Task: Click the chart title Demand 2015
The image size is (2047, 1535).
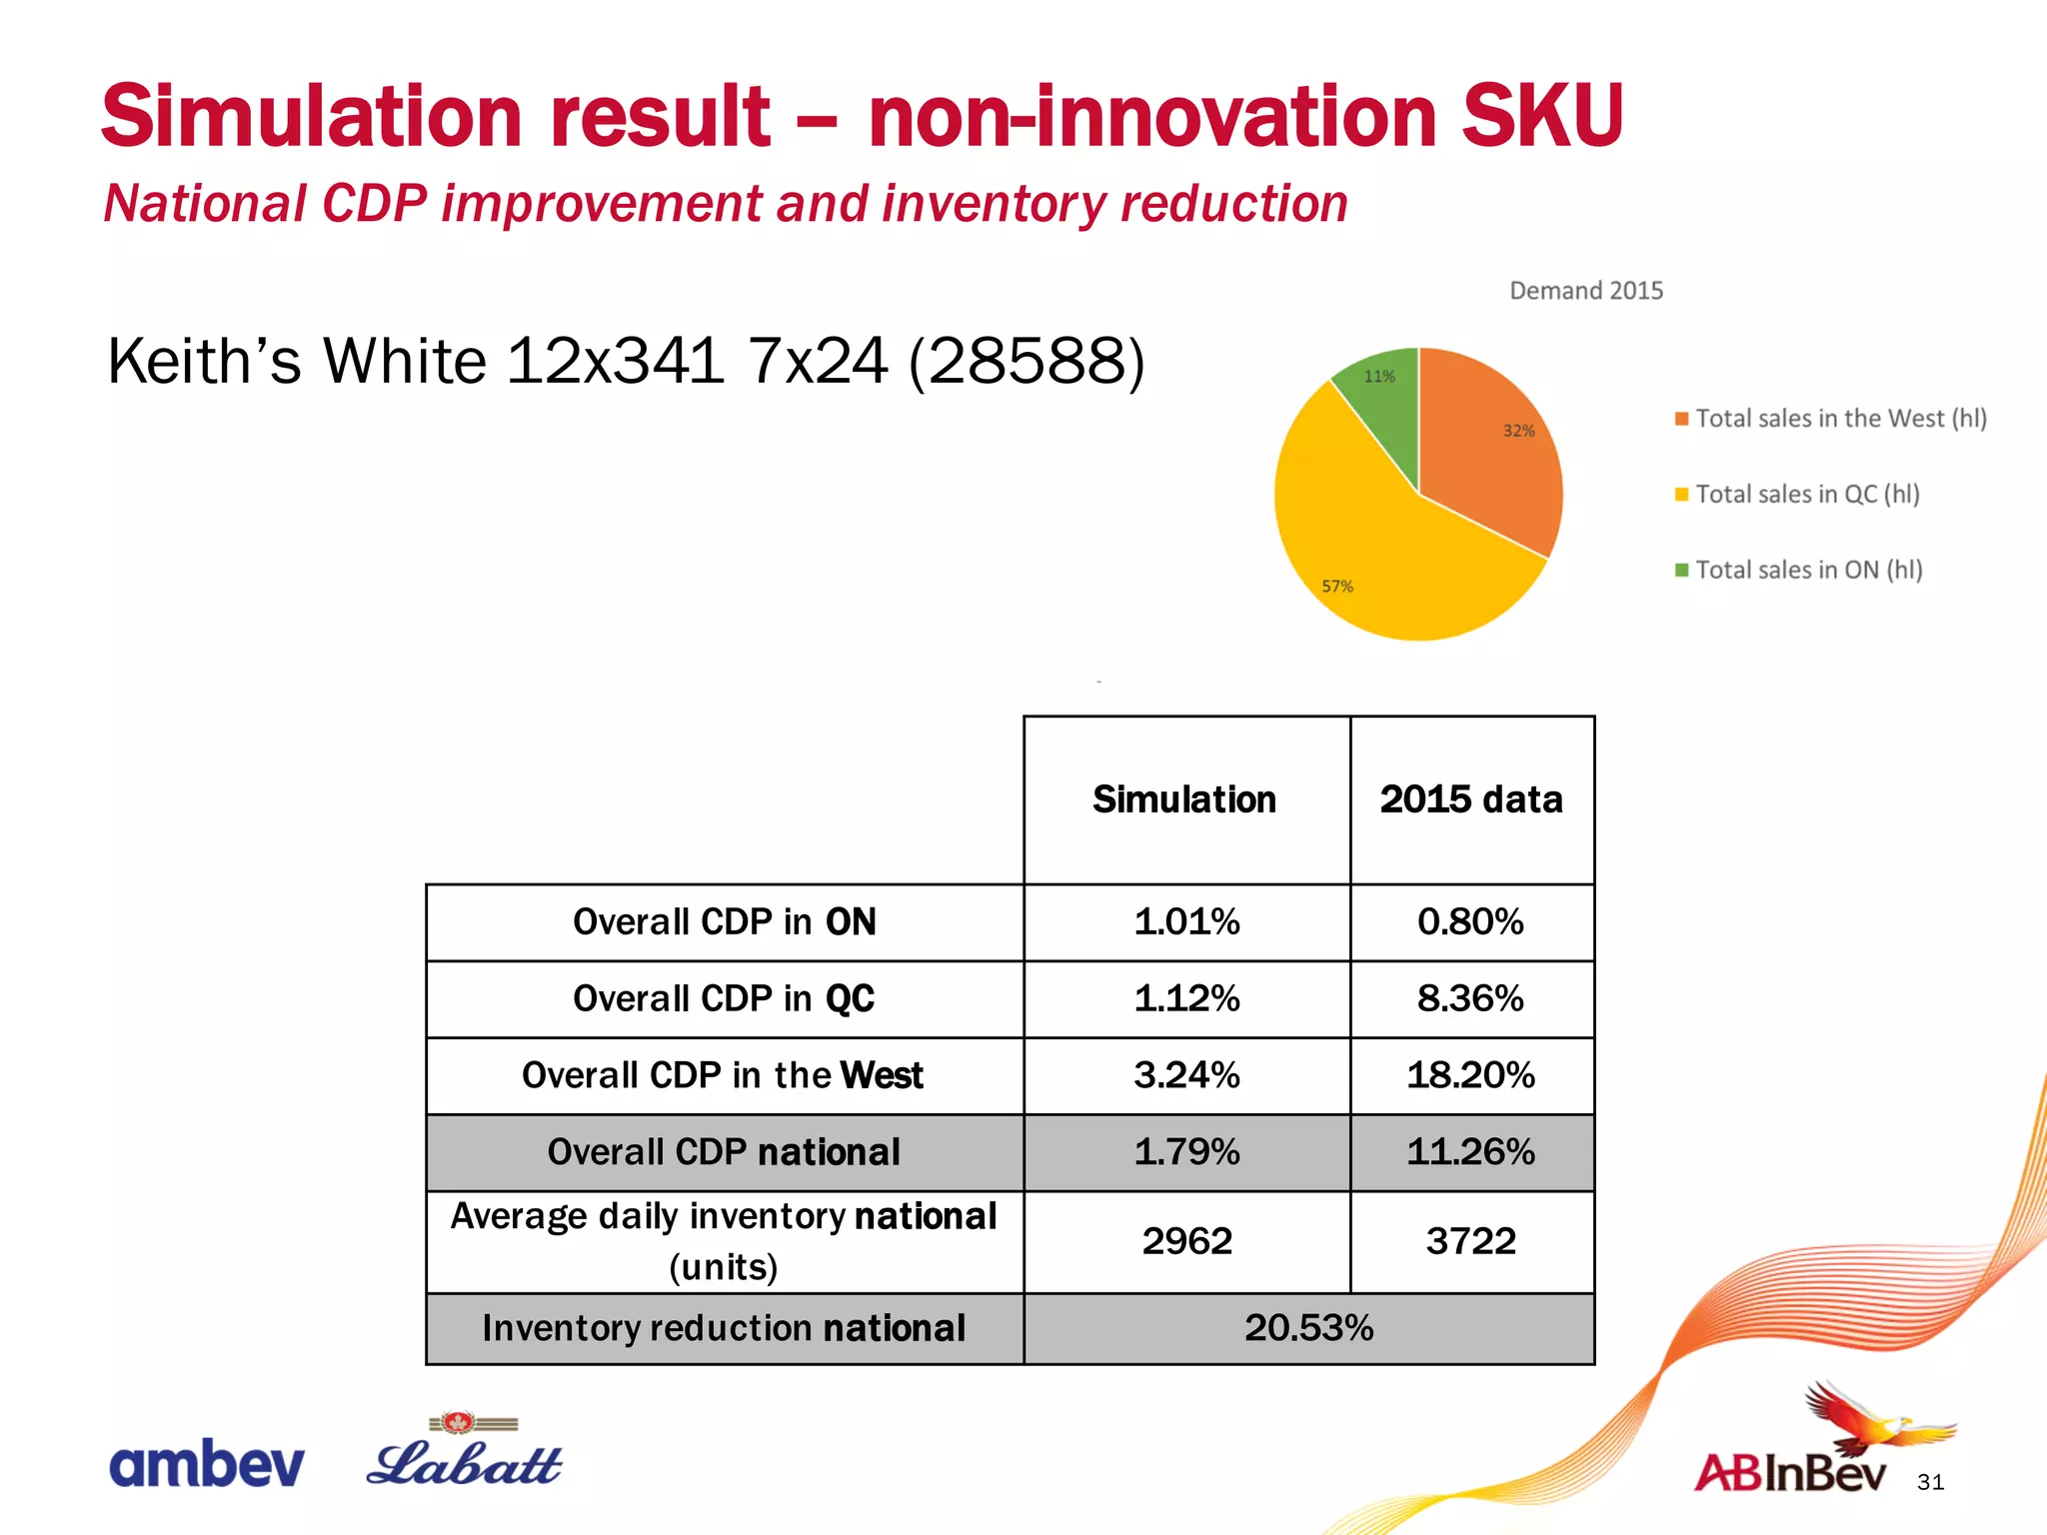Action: [1585, 291]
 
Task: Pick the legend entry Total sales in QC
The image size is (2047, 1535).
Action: [1806, 494]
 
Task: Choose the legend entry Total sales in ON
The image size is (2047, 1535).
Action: [1807, 570]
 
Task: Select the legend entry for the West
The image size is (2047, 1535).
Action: [1839, 418]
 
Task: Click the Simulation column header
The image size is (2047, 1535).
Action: [1184, 799]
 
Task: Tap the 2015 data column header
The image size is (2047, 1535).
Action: [1471, 799]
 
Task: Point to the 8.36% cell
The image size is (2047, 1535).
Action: [1470, 998]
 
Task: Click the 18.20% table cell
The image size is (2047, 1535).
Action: [1470, 1075]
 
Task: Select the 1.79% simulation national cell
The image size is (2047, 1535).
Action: [1186, 1152]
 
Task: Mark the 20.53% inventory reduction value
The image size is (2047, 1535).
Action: [1308, 1328]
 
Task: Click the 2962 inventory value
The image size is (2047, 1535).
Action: [1186, 1241]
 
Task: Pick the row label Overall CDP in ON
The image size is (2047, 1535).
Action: [724, 921]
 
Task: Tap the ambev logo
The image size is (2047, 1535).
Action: [206, 1464]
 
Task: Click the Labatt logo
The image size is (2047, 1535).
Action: [464, 1457]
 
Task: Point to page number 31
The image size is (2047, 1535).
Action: [1930, 1482]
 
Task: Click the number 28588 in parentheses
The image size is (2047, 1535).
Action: [1025, 361]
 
